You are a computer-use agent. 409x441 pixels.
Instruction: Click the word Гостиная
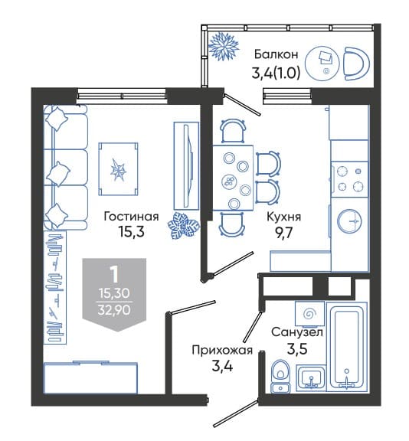click(x=132, y=217)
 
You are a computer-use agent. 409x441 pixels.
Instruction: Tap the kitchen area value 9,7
click(x=284, y=233)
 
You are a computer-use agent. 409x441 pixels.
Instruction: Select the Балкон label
click(x=276, y=54)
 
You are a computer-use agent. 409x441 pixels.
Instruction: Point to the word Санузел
click(x=297, y=332)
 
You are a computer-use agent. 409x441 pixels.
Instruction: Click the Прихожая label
click(x=222, y=351)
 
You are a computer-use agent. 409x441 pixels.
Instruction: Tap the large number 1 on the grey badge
click(x=114, y=275)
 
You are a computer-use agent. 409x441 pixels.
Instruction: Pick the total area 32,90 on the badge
click(x=114, y=310)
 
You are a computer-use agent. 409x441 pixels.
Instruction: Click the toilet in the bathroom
click(x=280, y=376)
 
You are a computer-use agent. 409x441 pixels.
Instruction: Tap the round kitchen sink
click(x=350, y=221)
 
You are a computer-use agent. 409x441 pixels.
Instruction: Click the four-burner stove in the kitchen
click(x=350, y=179)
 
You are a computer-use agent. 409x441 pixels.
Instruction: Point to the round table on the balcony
click(x=322, y=64)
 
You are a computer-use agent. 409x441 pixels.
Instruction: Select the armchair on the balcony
click(x=356, y=64)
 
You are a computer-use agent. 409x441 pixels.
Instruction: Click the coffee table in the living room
click(x=118, y=169)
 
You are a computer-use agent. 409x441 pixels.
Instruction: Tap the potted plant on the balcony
click(x=224, y=46)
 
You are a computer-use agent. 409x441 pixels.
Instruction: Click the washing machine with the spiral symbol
click(x=309, y=313)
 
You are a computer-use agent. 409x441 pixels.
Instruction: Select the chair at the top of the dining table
click(x=232, y=131)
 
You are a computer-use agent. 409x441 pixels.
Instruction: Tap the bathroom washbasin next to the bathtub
click(x=312, y=377)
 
